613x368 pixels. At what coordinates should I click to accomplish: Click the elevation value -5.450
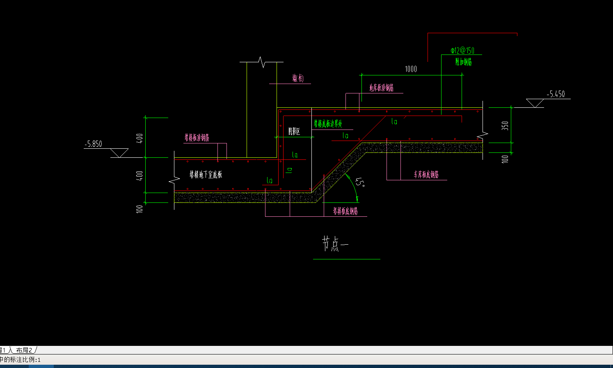(x=556, y=94)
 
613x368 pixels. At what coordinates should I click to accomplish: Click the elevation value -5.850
(x=93, y=144)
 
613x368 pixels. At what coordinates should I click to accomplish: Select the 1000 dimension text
(x=411, y=69)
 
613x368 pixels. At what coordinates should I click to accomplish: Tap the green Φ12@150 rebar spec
(x=462, y=50)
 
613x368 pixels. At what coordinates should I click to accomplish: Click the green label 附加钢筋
(x=463, y=62)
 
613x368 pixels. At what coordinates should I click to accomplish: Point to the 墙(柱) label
(x=298, y=78)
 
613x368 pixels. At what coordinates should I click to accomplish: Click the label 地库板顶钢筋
(x=381, y=88)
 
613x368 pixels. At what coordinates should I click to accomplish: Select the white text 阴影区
(x=294, y=131)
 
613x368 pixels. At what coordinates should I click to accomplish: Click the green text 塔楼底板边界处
(x=328, y=124)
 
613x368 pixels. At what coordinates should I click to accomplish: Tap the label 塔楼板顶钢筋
(x=197, y=138)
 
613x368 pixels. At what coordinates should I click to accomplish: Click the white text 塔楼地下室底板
(x=206, y=175)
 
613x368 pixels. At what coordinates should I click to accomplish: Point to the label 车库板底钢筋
(x=426, y=175)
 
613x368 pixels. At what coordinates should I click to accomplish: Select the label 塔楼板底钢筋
(x=345, y=211)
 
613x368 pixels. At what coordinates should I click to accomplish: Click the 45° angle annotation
(x=360, y=182)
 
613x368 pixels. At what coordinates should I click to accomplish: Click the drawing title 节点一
(x=335, y=244)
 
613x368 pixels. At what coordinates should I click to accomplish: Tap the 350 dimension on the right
(x=505, y=125)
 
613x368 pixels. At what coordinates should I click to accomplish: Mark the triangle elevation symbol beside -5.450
(x=535, y=103)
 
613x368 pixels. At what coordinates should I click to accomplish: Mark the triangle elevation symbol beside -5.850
(x=119, y=153)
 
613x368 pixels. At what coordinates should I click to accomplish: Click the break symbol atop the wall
(x=262, y=62)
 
